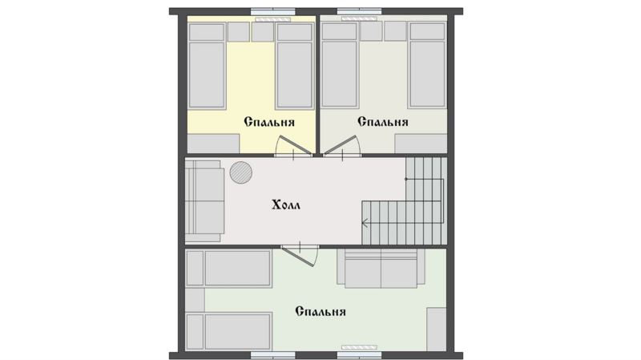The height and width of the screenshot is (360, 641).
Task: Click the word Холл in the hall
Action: coord(286,204)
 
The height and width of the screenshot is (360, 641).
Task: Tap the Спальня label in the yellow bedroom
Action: coord(269,122)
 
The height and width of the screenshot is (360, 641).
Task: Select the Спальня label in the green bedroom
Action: coord(320,312)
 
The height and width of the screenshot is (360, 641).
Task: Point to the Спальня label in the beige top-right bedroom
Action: coord(383,122)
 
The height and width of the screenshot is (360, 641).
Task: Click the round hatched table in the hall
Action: coord(241,172)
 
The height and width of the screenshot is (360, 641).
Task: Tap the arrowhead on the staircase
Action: coord(365,223)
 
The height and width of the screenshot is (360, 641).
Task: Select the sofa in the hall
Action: coord(204,200)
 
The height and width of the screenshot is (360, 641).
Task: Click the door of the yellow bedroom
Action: coord(293,146)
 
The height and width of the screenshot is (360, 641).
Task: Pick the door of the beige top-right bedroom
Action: coord(342,146)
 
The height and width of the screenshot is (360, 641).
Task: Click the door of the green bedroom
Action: coord(300,255)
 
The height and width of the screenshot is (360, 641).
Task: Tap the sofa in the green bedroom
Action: coord(381,268)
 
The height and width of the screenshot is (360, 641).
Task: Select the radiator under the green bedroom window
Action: coord(359,347)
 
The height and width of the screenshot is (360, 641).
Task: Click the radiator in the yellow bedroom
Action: coord(273,19)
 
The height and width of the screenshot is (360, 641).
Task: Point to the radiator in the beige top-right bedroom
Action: coord(359,18)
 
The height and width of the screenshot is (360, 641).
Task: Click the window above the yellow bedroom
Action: coord(273,11)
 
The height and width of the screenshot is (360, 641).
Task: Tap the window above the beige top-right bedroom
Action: coord(359,11)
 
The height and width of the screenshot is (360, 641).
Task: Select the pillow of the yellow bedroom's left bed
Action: coord(207,32)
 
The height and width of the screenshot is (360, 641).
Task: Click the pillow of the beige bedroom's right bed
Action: coord(427,31)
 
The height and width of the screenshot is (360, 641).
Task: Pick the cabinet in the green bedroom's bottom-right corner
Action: coord(437,330)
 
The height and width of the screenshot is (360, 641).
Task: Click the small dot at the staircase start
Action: coord(406,179)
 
